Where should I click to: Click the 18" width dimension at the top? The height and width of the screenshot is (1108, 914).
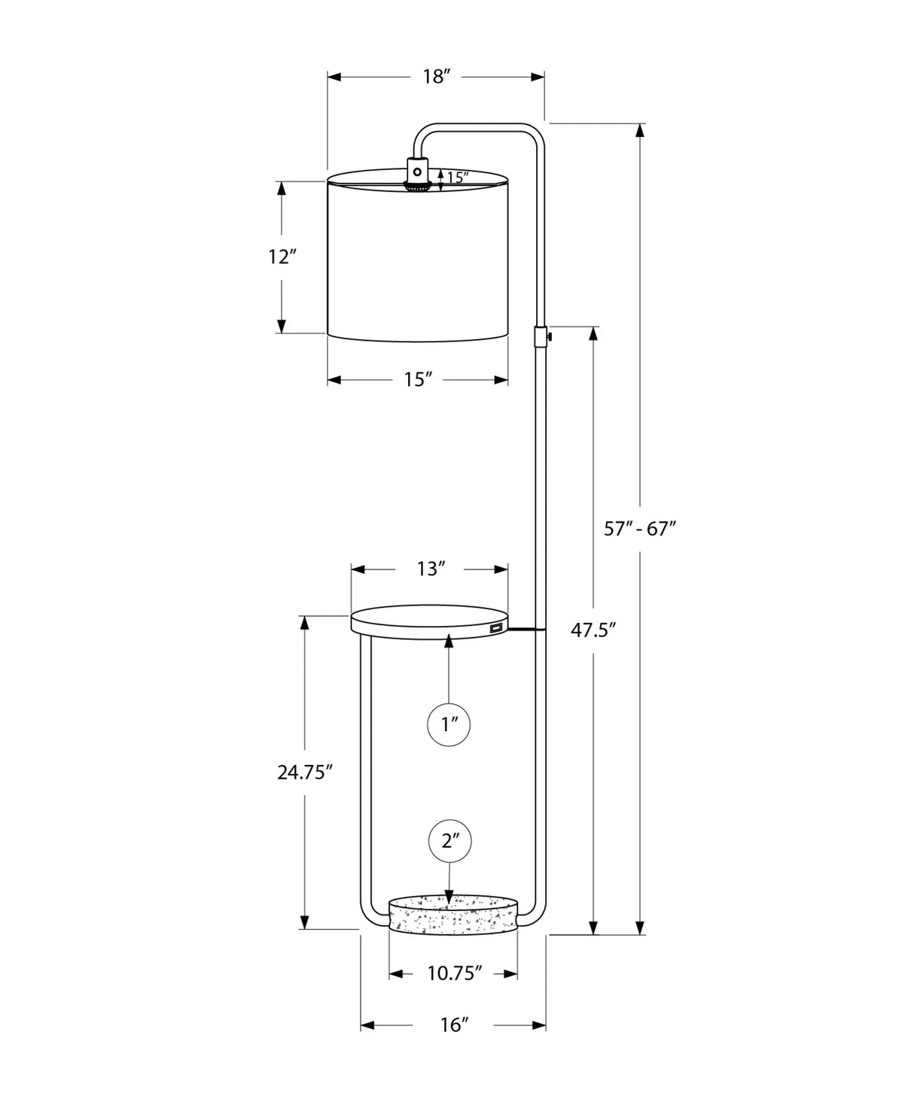click(x=436, y=77)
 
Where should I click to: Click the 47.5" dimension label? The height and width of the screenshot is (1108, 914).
click(x=593, y=630)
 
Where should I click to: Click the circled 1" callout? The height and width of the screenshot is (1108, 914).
click(x=449, y=725)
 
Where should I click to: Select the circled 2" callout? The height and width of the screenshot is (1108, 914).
click(x=450, y=841)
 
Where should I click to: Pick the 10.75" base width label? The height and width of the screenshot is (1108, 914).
click(x=454, y=974)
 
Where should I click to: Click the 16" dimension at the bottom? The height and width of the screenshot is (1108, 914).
click(x=454, y=1025)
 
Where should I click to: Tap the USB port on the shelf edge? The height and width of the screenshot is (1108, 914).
click(x=495, y=627)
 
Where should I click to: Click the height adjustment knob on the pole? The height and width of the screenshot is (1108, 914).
click(x=550, y=335)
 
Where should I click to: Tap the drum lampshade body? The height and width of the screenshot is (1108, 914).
click(x=418, y=260)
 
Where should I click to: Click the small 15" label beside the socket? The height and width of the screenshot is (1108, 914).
click(x=457, y=178)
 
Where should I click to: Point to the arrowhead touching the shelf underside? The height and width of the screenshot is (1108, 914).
click(x=449, y=640)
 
